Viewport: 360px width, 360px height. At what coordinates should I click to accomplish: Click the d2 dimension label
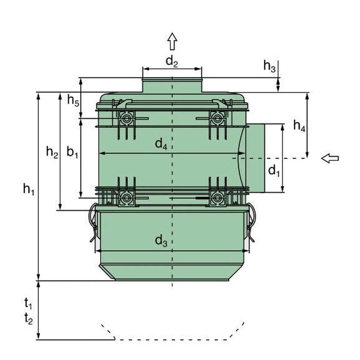(172, 61)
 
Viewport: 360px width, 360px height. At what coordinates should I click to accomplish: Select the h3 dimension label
(269, 66)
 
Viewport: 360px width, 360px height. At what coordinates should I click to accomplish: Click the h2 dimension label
(52, 152)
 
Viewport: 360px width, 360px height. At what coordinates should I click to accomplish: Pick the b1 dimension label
(72, 152)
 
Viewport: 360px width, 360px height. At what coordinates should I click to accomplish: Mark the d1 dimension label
(274, 171)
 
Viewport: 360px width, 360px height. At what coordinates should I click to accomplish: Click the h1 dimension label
(28, 189)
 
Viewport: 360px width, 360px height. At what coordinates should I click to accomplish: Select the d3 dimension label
(161, 241)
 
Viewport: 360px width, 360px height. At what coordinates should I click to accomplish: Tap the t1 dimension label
(28, 304)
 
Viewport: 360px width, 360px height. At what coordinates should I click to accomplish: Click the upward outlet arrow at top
(172, 41)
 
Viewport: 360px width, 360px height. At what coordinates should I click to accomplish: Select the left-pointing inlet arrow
(330, 158)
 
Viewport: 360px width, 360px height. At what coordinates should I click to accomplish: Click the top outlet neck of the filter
(172, 85)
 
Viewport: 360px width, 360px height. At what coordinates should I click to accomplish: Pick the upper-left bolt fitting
(126, 118)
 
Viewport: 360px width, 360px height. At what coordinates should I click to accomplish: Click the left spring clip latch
(93, 222)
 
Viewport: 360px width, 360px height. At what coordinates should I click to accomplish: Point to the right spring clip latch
(251, 222)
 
